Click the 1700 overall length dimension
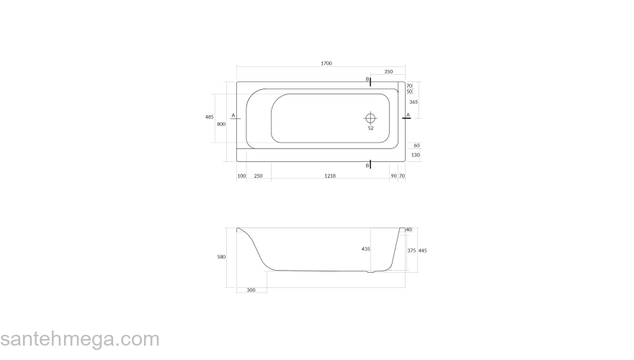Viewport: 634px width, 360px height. (x=326, y=64)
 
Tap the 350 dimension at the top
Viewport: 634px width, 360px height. (x=388, y=72)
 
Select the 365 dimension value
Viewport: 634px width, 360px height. (x=414, y=102)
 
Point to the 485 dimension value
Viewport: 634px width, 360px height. (x=210, y=117)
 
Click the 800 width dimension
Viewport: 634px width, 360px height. (x=221, y=124)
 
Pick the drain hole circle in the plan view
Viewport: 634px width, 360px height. (x=370, y=117)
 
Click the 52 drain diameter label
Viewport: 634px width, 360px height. (x=370, y=129)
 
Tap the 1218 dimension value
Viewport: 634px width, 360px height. (x=330, y=176)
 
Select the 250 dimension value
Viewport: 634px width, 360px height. (x=257, y=176)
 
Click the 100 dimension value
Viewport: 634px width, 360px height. (x=241, y=176)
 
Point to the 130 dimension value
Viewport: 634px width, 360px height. (x=416, y=155)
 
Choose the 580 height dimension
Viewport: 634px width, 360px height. (x=221, y=256)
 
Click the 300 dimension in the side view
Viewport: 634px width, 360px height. (x=251, y=289)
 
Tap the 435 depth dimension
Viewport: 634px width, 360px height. (x=365, y=249)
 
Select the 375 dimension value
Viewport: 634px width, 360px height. (x=411, y=251)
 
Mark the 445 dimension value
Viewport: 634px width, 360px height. (x=423, y=251)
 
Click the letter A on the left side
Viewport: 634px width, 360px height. (x=233, y=115)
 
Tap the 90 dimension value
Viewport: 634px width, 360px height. (x=393, y=176)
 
